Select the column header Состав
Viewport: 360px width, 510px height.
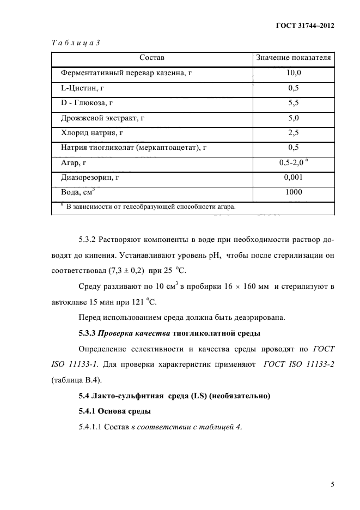coord(152,57)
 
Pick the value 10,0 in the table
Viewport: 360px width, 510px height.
coord(294,72)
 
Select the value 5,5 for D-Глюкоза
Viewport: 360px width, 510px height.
coord(294,102)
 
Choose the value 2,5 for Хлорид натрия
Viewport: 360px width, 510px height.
coord(294,132)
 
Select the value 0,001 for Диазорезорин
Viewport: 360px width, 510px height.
coord(294,177)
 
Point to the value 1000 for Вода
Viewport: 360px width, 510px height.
coord(294,192)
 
